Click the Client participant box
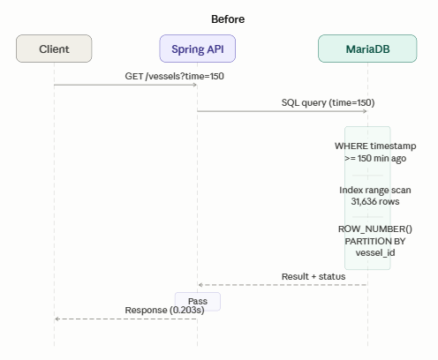[54, 49]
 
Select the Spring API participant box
[198, 49]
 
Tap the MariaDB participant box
[367, 49]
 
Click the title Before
[228, 19]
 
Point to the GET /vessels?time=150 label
[175, 76]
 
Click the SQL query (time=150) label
[328, 102]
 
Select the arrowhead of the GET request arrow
[194, 85]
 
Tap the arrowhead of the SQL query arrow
[365, 111]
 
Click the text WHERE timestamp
[375, 146]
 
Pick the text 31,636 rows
[375, 201]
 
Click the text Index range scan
[375, 190]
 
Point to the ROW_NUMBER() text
[375, 229]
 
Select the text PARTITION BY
[375, 241]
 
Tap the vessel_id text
[375, 252]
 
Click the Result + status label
[313, 276]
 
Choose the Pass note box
[198, 302]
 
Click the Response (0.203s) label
[164, 311]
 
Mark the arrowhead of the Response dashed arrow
[57, 319]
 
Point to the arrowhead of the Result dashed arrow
[200, 285]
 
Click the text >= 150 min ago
[375, 158]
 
